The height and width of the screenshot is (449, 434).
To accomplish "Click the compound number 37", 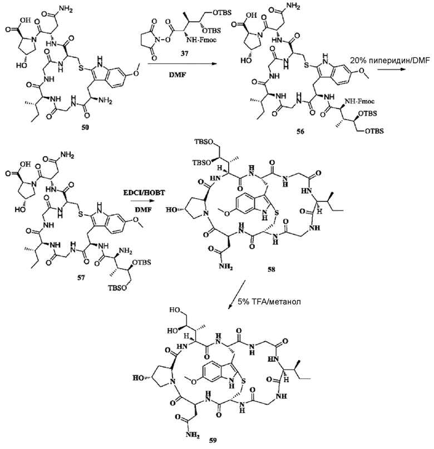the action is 184,53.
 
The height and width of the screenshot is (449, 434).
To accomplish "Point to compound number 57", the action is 81,278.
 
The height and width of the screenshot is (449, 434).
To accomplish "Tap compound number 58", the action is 271,269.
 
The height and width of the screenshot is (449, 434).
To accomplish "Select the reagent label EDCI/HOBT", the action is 144,193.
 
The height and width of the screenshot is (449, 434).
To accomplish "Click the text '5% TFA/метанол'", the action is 269,302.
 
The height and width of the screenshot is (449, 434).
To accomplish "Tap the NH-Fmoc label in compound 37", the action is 202,40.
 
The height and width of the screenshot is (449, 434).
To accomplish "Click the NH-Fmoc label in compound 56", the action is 359,101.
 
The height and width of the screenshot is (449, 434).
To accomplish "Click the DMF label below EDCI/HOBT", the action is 143,209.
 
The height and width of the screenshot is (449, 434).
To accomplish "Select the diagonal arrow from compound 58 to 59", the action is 237,295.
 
